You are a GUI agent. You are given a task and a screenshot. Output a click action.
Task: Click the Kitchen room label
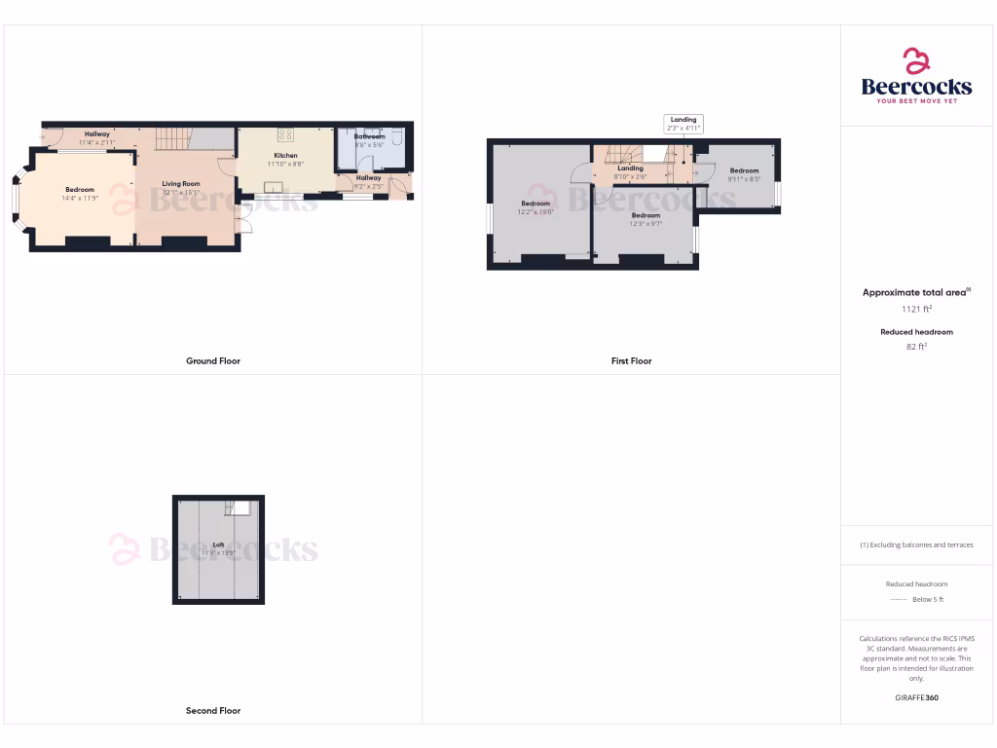pyautogui.click(x=285, y=156)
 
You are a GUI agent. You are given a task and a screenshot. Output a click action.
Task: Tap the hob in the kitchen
pyautogui.click(x=286, y=135)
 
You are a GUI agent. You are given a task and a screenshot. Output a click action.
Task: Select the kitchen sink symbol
pyautogui.click(x=276, y=187)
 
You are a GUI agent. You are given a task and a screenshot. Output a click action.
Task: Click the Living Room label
pyautogui.click(x=181, y=183)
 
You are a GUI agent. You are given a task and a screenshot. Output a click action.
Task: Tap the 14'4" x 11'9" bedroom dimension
pyautogui.click(x=80, y=198)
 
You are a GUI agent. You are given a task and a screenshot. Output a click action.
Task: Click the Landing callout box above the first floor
pyautogui.click(x=683, y=124)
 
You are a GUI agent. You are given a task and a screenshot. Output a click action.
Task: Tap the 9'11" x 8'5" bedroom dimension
pyautogui.click(x=744, y=179)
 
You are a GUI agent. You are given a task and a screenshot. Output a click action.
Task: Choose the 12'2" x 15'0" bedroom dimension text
pyautogui.click(x=535, y=211)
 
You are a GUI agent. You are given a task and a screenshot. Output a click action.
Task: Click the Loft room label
pyautogui.click(x=218, y=545)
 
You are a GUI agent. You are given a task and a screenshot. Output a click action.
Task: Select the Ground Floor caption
pyautogui.click(x=213, y=361)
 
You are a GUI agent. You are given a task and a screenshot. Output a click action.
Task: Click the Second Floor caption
pyautogui.click(x=213, y=711)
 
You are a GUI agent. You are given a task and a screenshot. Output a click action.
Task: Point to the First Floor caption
pyautogui.click(x=631, y=361)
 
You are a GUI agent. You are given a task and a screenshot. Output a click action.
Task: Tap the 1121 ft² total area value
pyautogui.click(x=916, y=309)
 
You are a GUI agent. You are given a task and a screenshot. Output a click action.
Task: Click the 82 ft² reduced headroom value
pyautogui.click(x=916, y=346)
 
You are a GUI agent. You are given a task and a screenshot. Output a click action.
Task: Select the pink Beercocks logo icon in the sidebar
pyautogui.click(x=916, y=61)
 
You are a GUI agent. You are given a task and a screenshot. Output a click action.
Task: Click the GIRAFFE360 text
pyautogui.click(x=916, y=697)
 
